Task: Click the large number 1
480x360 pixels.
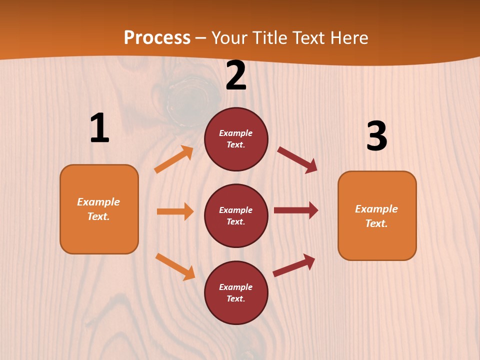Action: coord(99,128)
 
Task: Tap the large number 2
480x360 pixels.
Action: coord(236,76)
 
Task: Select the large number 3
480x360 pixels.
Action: coord(376,136)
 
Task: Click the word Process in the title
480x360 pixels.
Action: coord(157,37)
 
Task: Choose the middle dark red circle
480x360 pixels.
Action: coord(236,215)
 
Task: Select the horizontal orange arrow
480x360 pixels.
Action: coord(175,211)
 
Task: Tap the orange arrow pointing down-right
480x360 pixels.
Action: coord(175,266)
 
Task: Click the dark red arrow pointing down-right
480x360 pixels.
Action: coord(297,160)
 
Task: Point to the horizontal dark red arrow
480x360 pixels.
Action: coord(296,210)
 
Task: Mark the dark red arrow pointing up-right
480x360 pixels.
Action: coord(294,265)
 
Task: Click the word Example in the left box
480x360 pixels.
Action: coord(98,202)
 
